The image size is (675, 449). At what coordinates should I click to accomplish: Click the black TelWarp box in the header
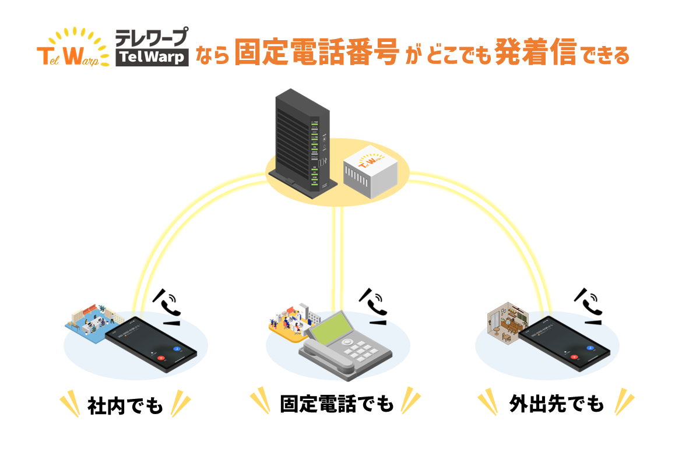[x=152, y=57]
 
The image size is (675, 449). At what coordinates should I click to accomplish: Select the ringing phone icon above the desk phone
[x=376, y=306]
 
